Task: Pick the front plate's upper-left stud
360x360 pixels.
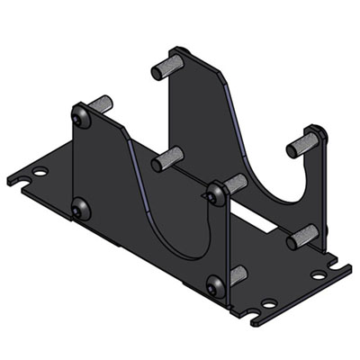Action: [98, 105]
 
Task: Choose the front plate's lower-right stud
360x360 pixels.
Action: [236, 274]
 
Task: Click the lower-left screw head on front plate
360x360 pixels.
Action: [81, 210]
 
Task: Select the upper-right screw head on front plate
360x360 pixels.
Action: [216, 193]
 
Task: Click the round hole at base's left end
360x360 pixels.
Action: [40, 170]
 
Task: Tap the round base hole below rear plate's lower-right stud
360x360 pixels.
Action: [316, 270]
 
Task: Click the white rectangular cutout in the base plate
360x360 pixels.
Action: [256, 221]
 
